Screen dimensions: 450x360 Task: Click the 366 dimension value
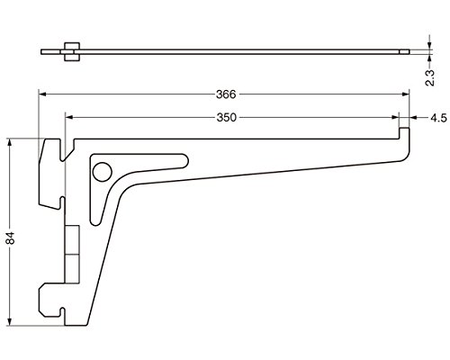[226, 94]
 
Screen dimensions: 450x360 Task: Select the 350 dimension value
[227, 118]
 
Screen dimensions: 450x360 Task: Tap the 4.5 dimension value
[438, 118]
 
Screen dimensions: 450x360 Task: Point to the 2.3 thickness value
[430, 78]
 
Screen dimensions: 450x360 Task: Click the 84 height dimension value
[10, 238]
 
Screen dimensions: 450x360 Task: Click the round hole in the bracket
[103, 172]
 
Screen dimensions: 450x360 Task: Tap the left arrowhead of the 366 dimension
[42, 94]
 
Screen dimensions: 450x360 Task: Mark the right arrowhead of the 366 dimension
[406, 94]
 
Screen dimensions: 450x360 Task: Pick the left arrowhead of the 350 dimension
[69, 118]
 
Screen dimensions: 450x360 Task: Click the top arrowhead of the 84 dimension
[10, 142]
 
